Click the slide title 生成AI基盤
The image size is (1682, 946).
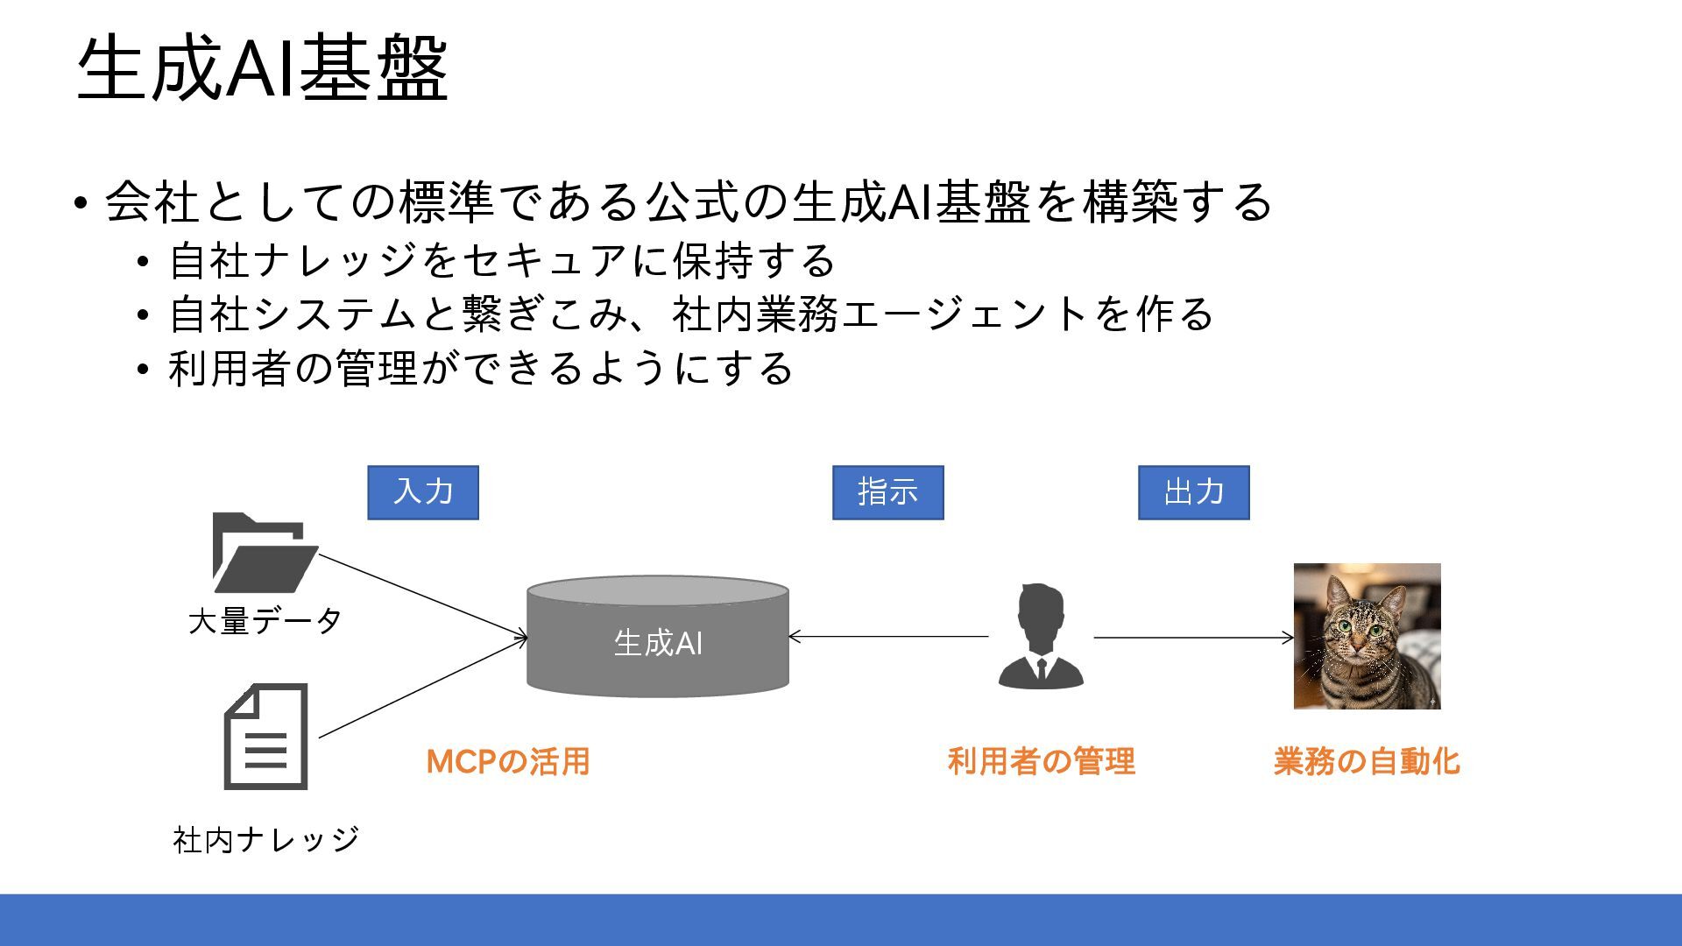[263, 68]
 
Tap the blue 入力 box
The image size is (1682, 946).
[423, 492]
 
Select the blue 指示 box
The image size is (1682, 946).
[887, 492]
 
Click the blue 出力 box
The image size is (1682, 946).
[1193, 492]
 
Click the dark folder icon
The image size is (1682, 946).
[263, 554]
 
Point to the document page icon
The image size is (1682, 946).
[266, 737]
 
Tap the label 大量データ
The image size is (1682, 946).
[265, 621]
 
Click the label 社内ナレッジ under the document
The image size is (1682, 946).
[266, 839]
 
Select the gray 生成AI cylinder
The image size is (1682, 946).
[657, 638]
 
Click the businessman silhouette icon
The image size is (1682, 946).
[1041, 636]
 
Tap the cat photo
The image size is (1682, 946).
[1367, 636]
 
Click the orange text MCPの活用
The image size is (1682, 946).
[508, 761]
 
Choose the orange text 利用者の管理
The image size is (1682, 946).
[1041, 761]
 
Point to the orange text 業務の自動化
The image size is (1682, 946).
[1367, 761]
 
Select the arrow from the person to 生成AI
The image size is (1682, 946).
[888, 637]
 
